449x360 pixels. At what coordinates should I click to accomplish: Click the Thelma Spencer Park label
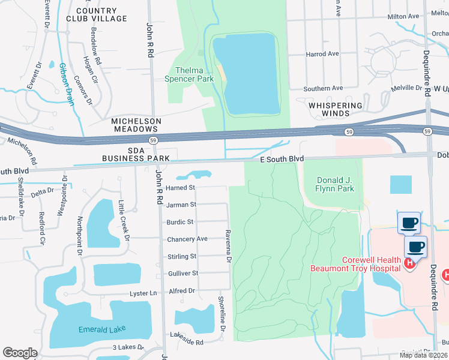click(x=190, y=74)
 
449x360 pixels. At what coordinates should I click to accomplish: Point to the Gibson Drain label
click(x=66, y=84)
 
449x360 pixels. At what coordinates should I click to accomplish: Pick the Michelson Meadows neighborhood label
click(x=136, y=125)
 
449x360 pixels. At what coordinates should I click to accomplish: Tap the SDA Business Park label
click(x=136, y=154)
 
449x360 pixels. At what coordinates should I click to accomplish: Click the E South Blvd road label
click(x=282, y=158)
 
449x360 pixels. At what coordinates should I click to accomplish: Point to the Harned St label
click(x=181, y=188)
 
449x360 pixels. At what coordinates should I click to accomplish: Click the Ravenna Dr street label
click(x=228, y=247)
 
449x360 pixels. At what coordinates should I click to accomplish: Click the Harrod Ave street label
click(x=322, y=53)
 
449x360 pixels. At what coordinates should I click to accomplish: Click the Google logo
click(x=20, y=353)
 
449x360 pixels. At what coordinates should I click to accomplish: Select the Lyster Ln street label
click(x=144, y=293)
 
